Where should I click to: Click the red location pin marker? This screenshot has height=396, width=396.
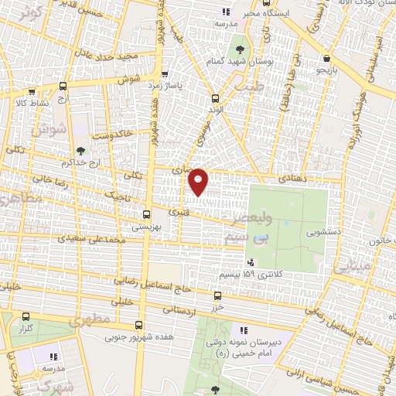pyautogui.click(x=199, y=181)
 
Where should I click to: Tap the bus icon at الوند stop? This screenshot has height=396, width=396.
pyautogui.click(x=216, y=98)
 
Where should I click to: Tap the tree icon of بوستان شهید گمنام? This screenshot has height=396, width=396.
pyautogui.click(x=237, y=48)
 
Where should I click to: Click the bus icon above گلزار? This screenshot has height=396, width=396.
pyautogui.click(x=26, y=316)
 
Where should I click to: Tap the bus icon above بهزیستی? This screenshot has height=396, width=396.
pyautogui.click(x=146, y=214)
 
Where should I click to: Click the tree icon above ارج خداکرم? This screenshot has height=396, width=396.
pyautogui.click(x=81, y=150)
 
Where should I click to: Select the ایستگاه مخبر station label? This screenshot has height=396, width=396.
pyautogui.click(x=265, y=14)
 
